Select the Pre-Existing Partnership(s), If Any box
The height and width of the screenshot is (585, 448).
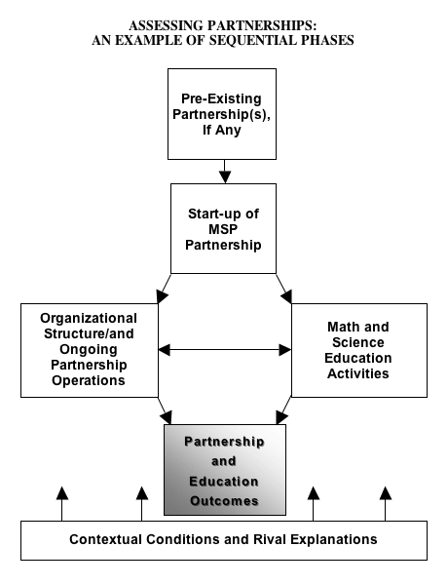coord(222,114)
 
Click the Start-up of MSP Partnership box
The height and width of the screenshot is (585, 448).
coord(223,228)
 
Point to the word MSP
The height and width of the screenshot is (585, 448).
coord(223,229)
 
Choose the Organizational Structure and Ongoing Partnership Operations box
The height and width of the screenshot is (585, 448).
coord(90,350)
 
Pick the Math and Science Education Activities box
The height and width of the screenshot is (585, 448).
coord(359,350)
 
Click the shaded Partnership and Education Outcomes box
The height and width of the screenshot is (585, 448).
coord(225,470)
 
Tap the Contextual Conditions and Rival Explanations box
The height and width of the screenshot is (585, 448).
coord(224,540)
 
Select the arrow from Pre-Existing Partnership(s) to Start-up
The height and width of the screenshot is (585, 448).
coord(225,172)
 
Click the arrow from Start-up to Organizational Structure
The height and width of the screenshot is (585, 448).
coord(164,289)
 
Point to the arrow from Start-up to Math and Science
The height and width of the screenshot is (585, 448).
coord(284,289)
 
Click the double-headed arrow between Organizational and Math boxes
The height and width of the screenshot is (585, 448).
coord(225,350)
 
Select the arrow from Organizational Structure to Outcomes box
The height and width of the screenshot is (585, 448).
coord(165,410)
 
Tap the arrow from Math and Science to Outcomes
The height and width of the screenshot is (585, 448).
coord(284,410)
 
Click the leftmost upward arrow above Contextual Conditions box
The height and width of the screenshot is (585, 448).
coord(62,504)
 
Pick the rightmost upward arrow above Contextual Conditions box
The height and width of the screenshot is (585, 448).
coord(386,504)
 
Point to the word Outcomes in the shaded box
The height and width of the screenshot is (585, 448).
coord(224,501)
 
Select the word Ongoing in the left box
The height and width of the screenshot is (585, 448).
coord(89,350)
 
